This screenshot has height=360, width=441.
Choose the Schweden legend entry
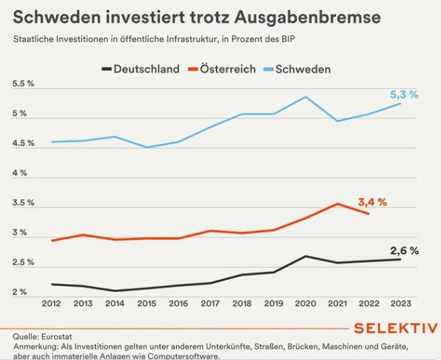pos(297,69)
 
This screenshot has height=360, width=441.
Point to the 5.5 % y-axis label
pos(24,84)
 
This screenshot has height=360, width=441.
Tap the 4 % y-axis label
pos(19,173)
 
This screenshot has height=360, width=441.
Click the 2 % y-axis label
pos(19,292)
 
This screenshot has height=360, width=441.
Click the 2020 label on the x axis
pos(305,304)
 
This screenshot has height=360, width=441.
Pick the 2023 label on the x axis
pos(400,304)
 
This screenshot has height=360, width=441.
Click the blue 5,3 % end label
pos(405,94)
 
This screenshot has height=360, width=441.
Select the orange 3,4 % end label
pos(371,202)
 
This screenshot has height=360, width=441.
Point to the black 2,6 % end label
pos(405,251)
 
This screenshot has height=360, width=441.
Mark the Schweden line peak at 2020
pos(305,97)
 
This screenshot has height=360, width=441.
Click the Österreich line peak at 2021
pos(337,204)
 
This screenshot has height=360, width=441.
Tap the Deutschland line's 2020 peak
pos(305,256)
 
